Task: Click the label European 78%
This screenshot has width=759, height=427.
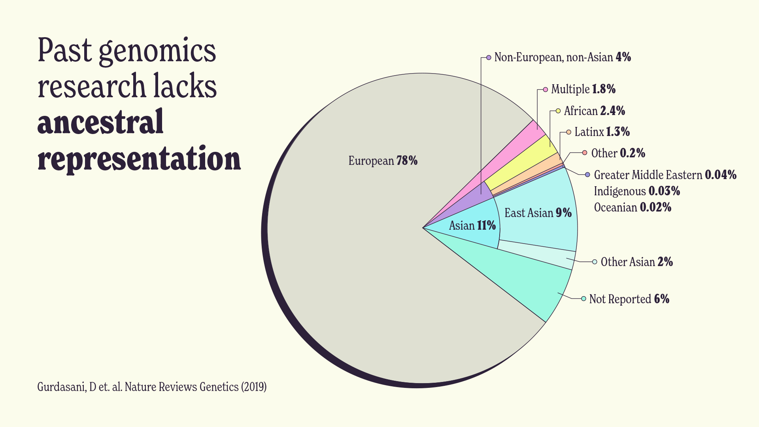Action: tap(383, 161)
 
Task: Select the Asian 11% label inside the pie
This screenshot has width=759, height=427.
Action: tap(472, 226)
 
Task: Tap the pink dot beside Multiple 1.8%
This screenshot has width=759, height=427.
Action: tap(546, 90)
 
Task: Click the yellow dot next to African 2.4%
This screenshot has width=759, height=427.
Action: tap(558, 111)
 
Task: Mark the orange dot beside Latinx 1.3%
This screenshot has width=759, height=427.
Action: tap(568, 132)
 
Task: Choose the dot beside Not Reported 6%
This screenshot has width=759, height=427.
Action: tap(583, 299)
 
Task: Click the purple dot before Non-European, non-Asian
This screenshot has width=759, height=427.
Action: tap(489, 58)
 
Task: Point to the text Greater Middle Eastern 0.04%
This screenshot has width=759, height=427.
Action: tap(665, 175)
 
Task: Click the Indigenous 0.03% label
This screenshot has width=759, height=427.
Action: tap(637, 191)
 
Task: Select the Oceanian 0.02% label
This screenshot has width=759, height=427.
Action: tap(632, 208)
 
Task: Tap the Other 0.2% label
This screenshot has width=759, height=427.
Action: tap(618, 153)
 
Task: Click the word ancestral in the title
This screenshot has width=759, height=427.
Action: tap(100, 123)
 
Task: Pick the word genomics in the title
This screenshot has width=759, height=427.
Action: tap(157, 51)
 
